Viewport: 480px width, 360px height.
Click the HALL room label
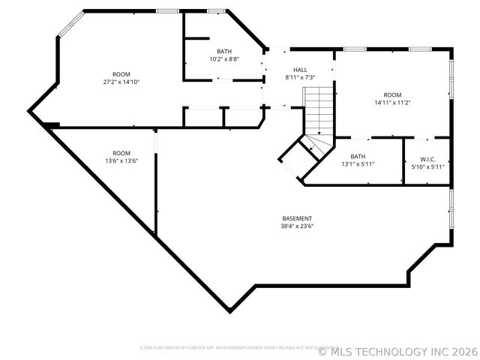(300, 69)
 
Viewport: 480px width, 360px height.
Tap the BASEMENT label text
(297, 218)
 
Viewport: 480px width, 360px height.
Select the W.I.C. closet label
(428, 158)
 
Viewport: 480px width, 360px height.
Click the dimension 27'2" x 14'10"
(121, 82)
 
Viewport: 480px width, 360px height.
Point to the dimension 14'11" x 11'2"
(392, 103)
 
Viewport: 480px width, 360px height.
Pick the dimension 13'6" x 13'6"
(121, 160)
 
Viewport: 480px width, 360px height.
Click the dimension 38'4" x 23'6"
(297, 226)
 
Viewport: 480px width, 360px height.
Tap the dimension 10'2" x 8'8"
(224, 58)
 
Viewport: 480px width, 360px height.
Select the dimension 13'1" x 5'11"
(358, 164)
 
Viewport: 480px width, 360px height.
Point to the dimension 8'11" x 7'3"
(300, 77)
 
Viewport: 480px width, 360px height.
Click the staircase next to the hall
(318, 112)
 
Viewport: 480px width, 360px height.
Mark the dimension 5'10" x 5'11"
(428, 166)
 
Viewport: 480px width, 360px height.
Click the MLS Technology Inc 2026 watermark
(397, 350)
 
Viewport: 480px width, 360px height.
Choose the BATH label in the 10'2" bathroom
(224, 51)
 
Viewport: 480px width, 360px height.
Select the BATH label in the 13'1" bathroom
(358, 156)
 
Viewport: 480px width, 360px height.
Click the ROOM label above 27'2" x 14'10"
(121, 74)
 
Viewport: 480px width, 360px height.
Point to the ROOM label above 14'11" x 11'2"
(392, 95)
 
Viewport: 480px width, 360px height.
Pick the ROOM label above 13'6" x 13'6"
(121, 153)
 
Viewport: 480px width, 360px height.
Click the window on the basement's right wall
(451, 211)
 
